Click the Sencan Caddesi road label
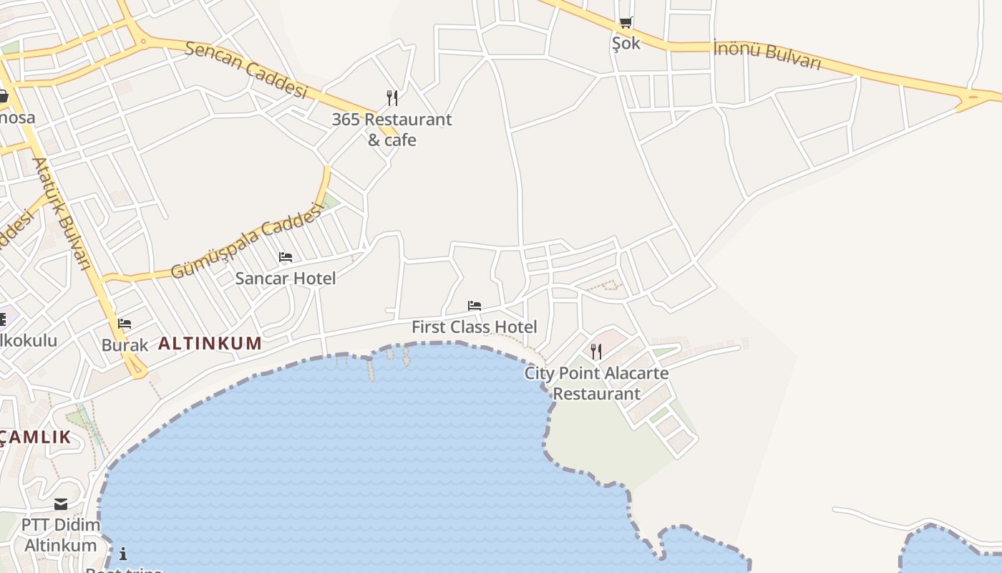(x=245, y=69)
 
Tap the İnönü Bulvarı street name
(x=767, y=55)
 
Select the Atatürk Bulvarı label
(x=62, y=213)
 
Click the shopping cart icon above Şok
(x=626, y=23)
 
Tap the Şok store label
(x=626, y=43)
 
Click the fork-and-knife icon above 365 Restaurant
(x=392, y=98)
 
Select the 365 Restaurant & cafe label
(x=392, y=130)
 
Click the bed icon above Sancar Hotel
(x=286, y=257)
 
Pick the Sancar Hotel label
(x=286, y=278)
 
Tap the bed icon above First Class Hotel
(x=474, y=306)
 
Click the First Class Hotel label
(x=474, y=327)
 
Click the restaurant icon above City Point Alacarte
(x=596, y=352)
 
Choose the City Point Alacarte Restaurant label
(x=596, y=383)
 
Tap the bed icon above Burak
(x=125, y=324)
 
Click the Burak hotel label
(x=125, y=345)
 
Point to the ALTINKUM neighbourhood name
(x=210, y=343)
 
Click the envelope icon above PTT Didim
(x=61, y=504)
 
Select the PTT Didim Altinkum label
(x=61, y=535)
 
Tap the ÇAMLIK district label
(x=36, y=437)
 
